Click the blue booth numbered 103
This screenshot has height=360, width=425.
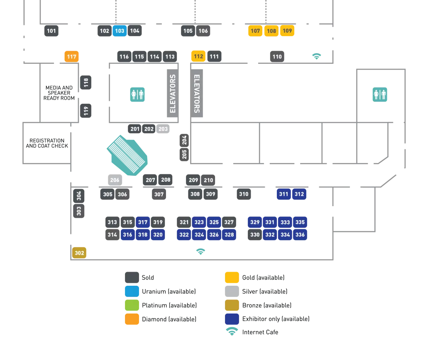pyautogui.click(x=120, y=31)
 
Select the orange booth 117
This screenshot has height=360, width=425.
pyautogui.click(x=71, y=56)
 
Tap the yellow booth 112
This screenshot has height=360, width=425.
pyautogui.click(x=198, y=56)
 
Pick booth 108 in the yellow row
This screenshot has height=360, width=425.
pyautogui.click(x=271, y=31)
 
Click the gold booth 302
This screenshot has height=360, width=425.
pyautogui.click(x=79, y=253)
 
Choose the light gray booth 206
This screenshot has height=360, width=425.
pyautogui.click(x=115, y=180)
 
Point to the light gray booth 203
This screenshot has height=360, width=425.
pyautogui.click(x=163, y=129)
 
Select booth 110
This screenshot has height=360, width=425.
pyautogui.click(x=277, y=56)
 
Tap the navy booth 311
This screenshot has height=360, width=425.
pyautogui.click(x=284, y=194)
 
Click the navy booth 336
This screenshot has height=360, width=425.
pyautogui.click(x=300, y=235)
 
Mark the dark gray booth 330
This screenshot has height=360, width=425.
pyautogui.click(x=255, y=235)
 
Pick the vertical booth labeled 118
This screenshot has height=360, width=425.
pyautogui.click(x=86, y=82)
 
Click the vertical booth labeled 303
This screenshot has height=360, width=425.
pyautogui.click(x=79, y=211)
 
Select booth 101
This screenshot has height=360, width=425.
pyautogui.click(x=51, y=31)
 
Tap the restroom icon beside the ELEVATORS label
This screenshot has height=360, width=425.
pyautogui.click(x=138, y=95)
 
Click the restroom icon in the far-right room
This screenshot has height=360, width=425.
pyautogui.click(x=380, y=95)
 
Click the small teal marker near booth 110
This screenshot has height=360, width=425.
pyautogui.click(x=317, y=56)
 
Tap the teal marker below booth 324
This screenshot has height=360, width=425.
pyautogui.click(x=200, y=251)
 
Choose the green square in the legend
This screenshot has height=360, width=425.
pyautogui.click(x=132, y=305)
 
